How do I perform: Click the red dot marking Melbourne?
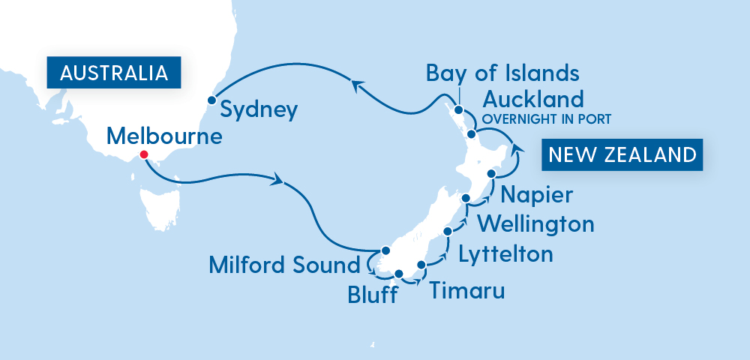pyautogui.click(x=144, y=155)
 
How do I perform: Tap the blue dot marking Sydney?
pyautogui.click(x=212, y=99)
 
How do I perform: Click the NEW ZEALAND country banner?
pyautogui.click(x=622, y=155)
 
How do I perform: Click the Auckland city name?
pyautogui.click(x=532, y=99)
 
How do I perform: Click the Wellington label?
pyautogui.click(x=535, y=223)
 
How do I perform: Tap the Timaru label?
pyautogui.click(x=466, y=290)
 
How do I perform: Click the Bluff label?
pyautogui.click(x=371, y=295)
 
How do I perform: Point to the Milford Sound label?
pyautogui.click(x=284, y=265)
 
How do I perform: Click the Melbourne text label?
pyautogui.click(x=165, y=136)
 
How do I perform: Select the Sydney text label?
pyautogui.click(x=259, y=110)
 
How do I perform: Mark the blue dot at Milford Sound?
pyautogui.click(x=385, y=250)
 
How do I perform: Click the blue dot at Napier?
pyautogui.click(x=492, y=173)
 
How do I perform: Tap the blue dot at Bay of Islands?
pyautogui.click(x=458, y=110)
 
